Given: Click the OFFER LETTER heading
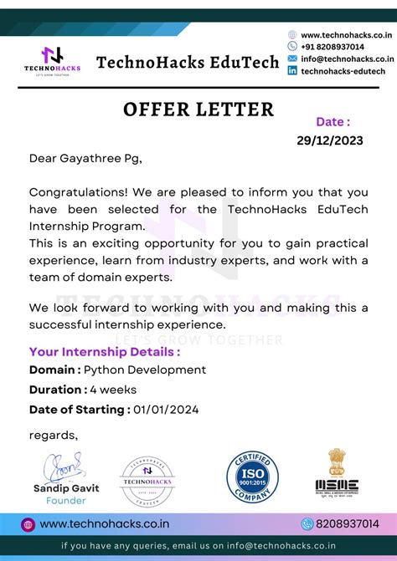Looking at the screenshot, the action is (198, 110).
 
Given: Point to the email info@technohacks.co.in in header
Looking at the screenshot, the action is (347, 59).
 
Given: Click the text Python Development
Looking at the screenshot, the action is (146, 370).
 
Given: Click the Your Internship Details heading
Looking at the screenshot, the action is (105, 352).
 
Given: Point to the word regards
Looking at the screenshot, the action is (54, 435).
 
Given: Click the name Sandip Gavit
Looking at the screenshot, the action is (66, 488).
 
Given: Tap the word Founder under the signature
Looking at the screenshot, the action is (66, 500).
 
